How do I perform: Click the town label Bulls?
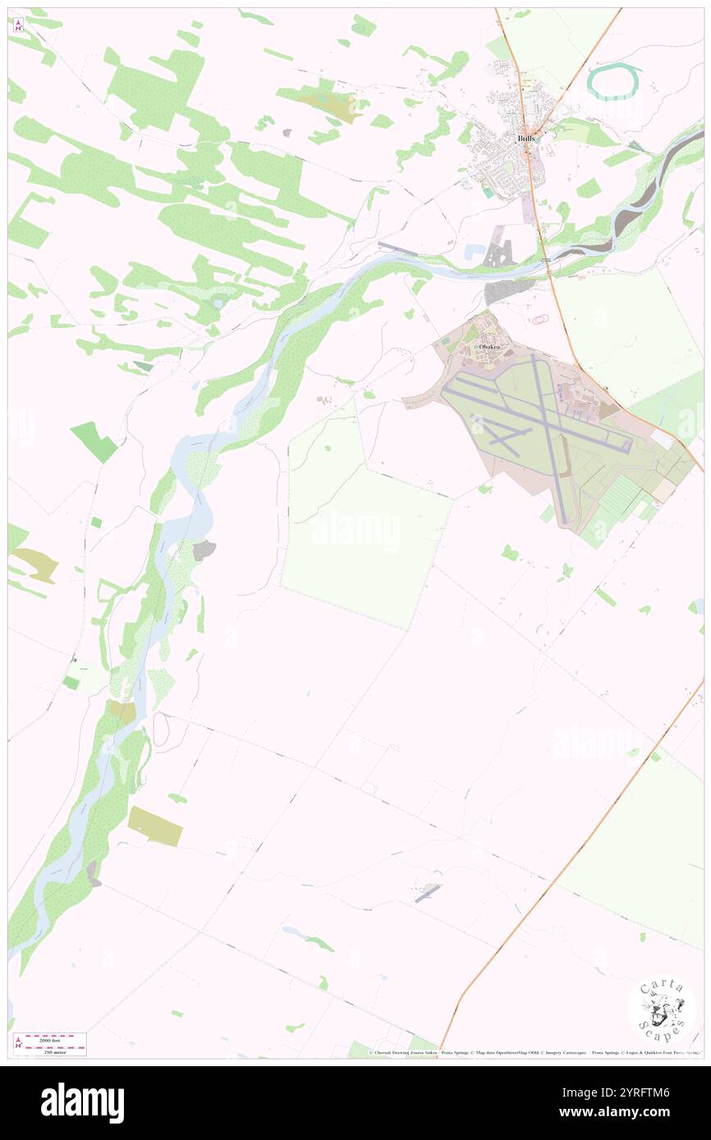(527, 139)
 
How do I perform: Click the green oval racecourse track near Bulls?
(614, 81)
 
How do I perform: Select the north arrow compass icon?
(18, 25)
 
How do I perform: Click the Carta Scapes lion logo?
(662, 1010)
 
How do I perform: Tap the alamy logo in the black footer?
(82, 1102)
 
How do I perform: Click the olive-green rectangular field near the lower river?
(155, 825)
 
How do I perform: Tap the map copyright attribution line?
(534, 1052)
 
